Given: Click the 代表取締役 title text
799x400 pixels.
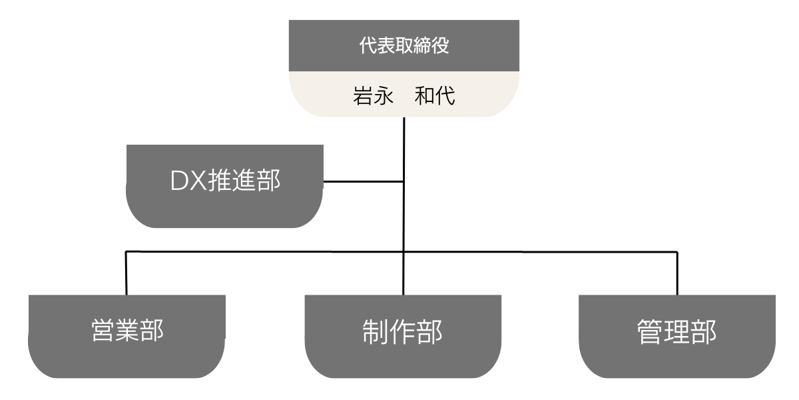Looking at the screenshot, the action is pos(403,45).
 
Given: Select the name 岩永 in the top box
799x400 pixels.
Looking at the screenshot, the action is pos(373,96).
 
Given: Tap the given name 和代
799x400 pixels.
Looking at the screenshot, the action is pos(435,96).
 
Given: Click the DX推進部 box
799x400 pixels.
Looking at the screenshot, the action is pos(225,186).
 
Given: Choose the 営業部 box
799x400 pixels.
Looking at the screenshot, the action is pos(127,337).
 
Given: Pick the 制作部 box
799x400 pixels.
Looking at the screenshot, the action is pos(403,337).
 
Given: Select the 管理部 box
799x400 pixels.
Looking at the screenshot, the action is pos(677,337).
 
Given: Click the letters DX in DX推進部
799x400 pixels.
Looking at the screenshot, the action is pos(188,181).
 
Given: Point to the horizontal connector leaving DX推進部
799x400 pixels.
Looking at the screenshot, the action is pos(364,182).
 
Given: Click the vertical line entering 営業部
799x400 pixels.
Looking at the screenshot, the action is pos(126,273).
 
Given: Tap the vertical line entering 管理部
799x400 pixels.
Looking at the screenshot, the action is pos(677,273).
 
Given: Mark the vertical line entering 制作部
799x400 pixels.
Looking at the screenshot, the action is pos(403,273).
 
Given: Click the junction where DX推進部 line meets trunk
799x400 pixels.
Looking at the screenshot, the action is pos(403,182).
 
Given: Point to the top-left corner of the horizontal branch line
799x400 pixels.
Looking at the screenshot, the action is pos(126,252).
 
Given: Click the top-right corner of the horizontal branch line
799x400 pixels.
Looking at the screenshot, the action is pos(677,252).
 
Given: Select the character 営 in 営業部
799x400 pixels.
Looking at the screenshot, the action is pos(103,331).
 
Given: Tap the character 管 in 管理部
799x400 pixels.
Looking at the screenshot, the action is pos(650,332).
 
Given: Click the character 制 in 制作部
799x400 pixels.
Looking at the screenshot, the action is pos(375,332).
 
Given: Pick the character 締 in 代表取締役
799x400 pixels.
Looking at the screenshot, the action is pos(421,45).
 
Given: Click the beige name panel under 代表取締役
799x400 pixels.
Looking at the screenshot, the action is pos(403,94).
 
